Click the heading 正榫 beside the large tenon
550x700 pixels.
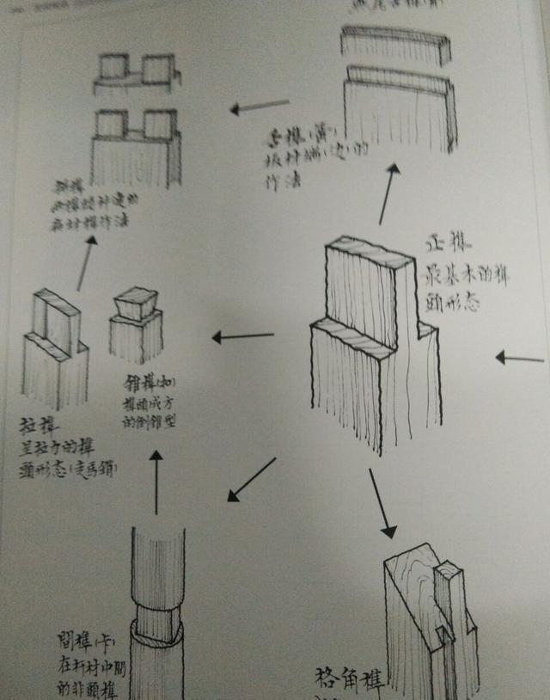(443, 244)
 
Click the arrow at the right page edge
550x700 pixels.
(520, 358)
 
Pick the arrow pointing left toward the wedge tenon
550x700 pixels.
(242, 336)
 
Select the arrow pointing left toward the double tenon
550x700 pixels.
(260, 107)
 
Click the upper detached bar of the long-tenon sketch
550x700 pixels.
(396, 42)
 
